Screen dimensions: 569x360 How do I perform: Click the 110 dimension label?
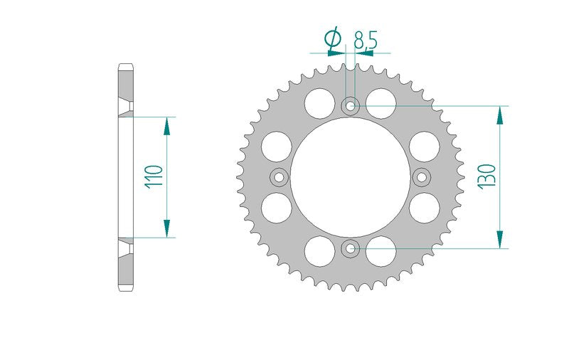click(154, 176)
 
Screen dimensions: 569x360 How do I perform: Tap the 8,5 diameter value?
click(366, 40)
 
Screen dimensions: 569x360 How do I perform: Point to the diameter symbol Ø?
click(334, 38)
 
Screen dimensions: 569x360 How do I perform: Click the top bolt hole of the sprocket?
click(351, 106)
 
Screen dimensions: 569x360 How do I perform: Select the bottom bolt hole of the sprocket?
click(351, 248)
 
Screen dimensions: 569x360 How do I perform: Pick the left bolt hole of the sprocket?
click(280, 177)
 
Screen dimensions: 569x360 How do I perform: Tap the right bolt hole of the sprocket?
click(422, 177)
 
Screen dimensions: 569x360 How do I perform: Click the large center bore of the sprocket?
click(351, 177)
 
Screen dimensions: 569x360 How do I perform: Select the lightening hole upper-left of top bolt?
click(319, 103)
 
